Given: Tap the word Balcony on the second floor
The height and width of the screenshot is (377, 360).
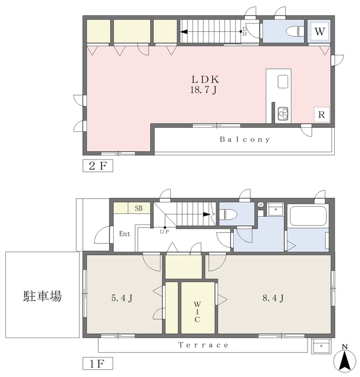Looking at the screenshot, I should pos(245,140).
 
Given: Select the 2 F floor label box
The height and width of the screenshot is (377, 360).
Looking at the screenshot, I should pos(97,166).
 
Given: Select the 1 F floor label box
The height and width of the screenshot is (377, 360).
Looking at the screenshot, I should pos(97,361).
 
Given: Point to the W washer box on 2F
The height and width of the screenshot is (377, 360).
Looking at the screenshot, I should pos(319,31).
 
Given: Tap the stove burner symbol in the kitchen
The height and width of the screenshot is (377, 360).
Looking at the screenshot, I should pos(282,113).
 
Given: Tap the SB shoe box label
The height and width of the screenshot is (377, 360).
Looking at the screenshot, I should pos(138,209).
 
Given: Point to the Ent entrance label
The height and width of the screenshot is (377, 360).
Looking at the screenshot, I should pos(124,234).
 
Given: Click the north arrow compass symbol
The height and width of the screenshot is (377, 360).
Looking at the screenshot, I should pos(344,358).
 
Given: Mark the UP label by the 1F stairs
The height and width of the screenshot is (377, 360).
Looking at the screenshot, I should pos(164,232).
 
